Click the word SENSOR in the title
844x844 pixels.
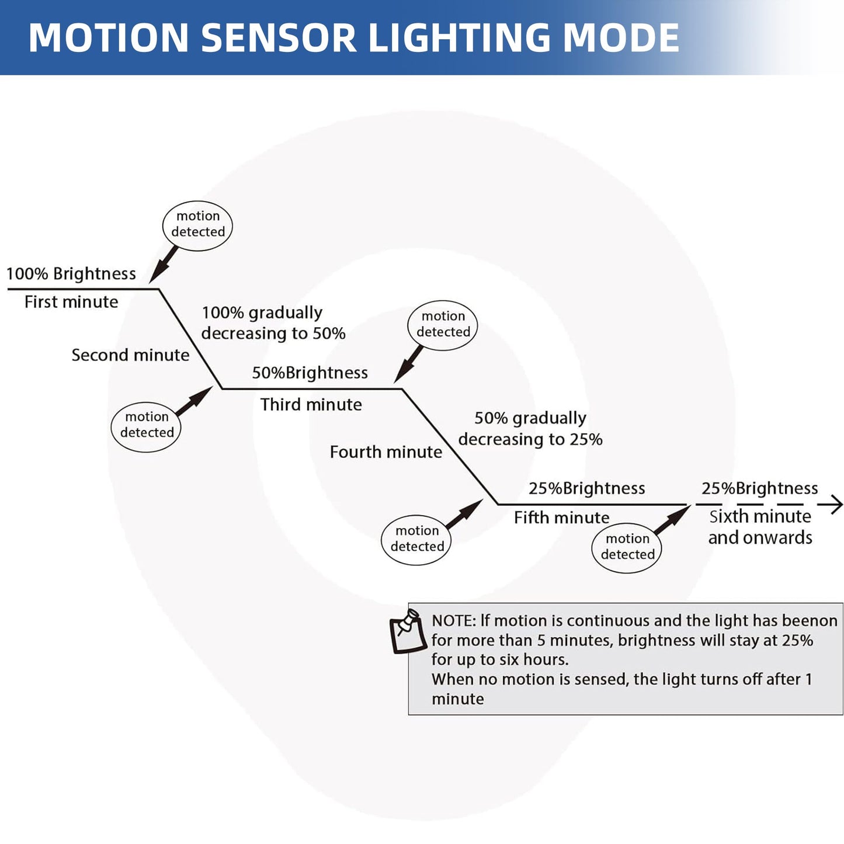tap(279, 38)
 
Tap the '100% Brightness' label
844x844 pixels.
tap(71, 274)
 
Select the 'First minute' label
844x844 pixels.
tap(71, 302)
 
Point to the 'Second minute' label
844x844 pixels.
tap(130, 355)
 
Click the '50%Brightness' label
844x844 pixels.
tap(310, 373)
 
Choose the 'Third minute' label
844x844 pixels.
tap(311, 404)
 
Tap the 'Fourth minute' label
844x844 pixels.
tap(385, 451)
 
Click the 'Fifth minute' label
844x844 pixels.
tap(561, 517)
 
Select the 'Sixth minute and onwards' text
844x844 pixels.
tap(760, 527)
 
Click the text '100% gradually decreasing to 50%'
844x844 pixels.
tap(273, 322)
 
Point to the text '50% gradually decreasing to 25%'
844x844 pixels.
tap(530, 428)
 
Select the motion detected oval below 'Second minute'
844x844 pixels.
tap(147, 425)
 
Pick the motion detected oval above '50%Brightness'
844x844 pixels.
tap(443, 324)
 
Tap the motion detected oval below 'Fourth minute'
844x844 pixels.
tap(417, 539)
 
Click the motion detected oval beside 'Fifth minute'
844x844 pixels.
tap(627, 547)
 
